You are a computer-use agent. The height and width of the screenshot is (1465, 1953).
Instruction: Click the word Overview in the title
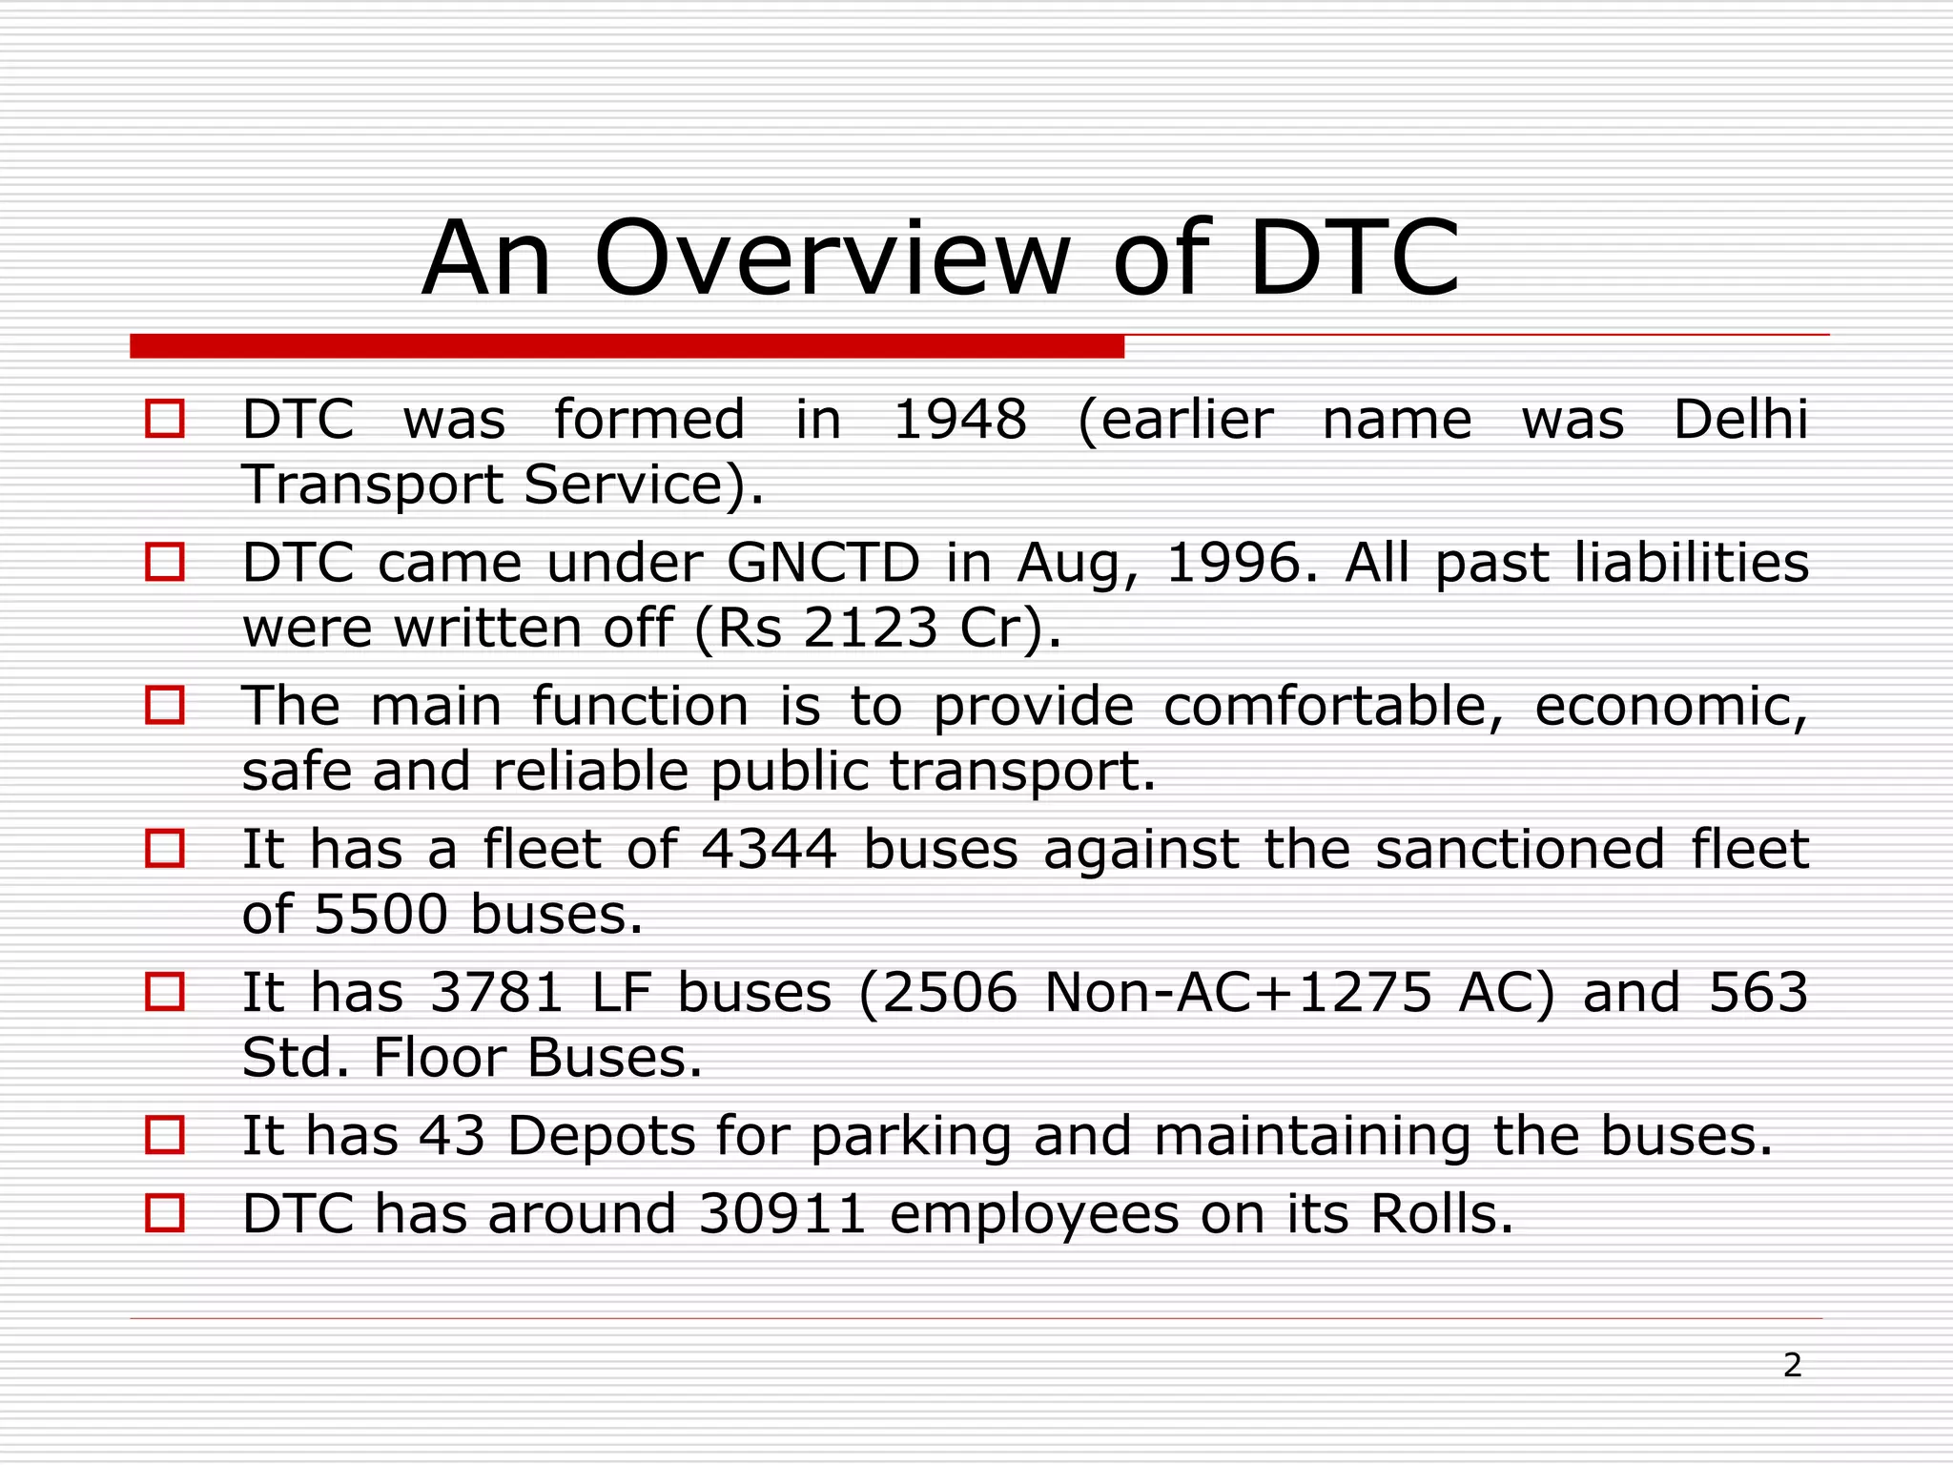click(x=832, y=259)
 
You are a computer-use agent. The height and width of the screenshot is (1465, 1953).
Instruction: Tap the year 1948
click(x=959, y=420)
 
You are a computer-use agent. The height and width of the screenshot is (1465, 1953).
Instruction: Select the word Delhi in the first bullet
click(x=1740, y=420)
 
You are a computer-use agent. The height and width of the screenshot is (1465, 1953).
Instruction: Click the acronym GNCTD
click(x=823, y=563)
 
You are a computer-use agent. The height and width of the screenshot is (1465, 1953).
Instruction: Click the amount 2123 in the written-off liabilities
click(x=871, y=629)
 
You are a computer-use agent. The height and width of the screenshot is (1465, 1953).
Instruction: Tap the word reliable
click(x=590, y=772)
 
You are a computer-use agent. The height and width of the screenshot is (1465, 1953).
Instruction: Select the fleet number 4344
click(x=769, y=849)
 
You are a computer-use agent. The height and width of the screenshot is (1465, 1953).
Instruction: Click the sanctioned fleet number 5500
click(x=380, y=915)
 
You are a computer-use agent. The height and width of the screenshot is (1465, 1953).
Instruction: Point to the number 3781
click(x=497, y=993)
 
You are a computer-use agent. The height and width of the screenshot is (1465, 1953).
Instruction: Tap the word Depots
click(x=601, y=1137)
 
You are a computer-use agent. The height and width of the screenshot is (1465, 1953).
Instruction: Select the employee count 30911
click(x=783, y=1215)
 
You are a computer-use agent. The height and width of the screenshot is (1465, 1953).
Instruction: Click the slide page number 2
click(x=1792, y=1366)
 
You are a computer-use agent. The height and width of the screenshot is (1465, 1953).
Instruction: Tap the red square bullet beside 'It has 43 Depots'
click(x=165, y=1136)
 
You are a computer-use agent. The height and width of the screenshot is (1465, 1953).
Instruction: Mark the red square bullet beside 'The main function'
click(x=165, y=706)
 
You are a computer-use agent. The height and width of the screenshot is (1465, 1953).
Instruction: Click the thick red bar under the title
click(x=627, y=346)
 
